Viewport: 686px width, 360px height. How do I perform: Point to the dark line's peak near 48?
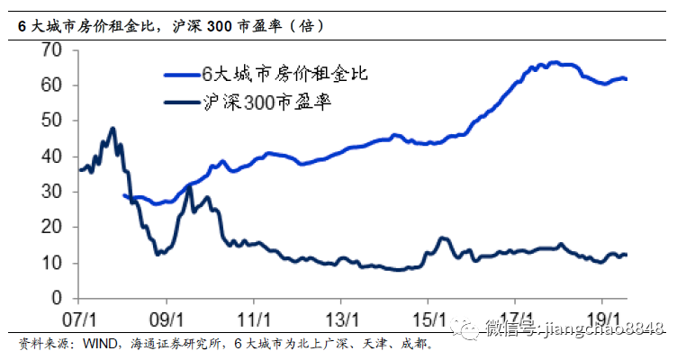point(113,129)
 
